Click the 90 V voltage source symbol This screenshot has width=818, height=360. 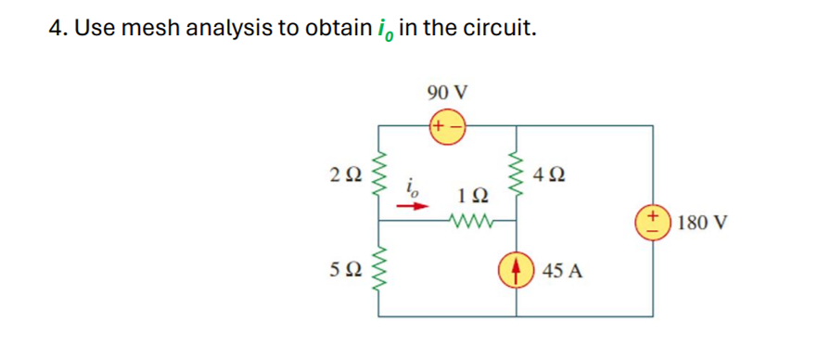tap(447, 125)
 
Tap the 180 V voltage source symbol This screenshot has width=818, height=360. tap(655, 224)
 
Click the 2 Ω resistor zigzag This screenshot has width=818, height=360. tap(377, 173)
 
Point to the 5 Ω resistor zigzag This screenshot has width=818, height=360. tap(377, 270)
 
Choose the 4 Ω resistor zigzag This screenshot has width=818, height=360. tap(517, 173)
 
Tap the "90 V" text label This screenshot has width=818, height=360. tap(447, 93)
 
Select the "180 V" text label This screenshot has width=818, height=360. tap(702, 224)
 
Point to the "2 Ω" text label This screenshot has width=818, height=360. tap(344, 173)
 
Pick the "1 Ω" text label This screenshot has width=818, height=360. tap(470, 197)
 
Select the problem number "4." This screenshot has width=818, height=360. tap(58, 28)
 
